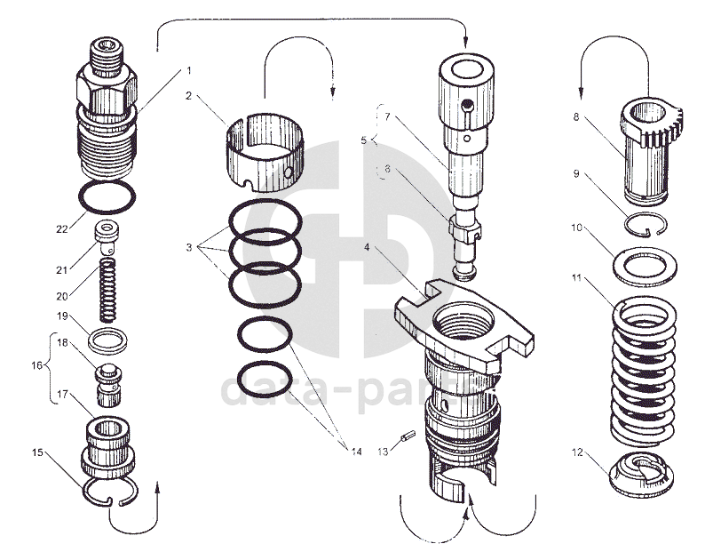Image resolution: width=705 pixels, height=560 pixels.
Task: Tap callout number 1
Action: pyautogui.click(x=188, y=69)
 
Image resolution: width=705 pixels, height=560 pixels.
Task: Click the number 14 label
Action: pyautogui.click(x=355, y=452)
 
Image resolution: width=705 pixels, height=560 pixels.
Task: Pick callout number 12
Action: pyautogui.click(x=577, y=452)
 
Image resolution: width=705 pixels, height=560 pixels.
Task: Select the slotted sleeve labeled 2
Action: pyautogui.click(x=264, y=147)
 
